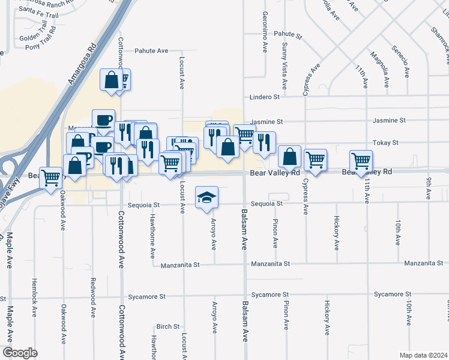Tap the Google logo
click(20, 353)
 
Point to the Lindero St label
click(265, 97)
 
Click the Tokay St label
click(385, 143)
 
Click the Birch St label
click(167, 327)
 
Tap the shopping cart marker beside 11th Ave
click(361, 161)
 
